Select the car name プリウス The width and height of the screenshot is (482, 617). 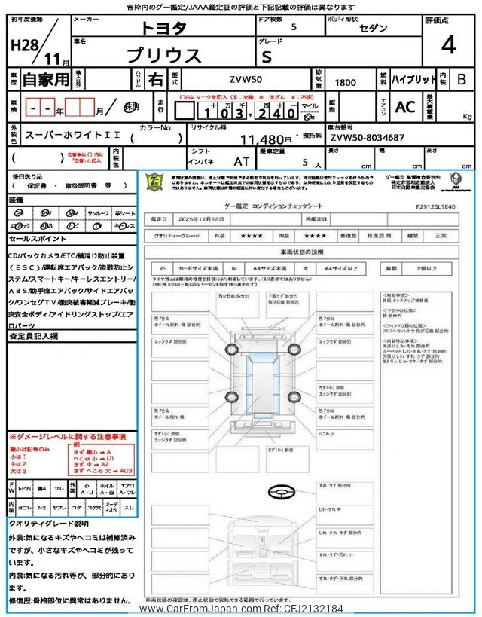pos(164,55)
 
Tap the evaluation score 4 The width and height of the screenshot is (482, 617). pos(449,45)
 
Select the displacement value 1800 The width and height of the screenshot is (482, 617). pos(346,79)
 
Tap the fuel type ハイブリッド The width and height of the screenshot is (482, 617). pos(413,79)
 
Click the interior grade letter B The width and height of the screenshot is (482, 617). pos(462,79)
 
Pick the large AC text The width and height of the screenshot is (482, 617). pos(404,108)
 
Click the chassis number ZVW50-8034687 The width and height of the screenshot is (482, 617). pos(368,138)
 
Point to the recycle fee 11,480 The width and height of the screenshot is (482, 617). pos(263,139)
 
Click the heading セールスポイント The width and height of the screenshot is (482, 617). pos(38,238)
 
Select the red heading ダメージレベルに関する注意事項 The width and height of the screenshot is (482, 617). pos(68,436)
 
